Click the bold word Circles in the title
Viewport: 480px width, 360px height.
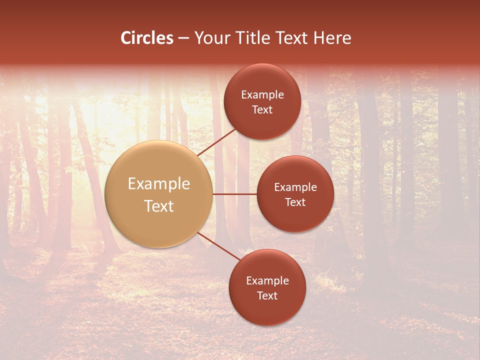coord(147,38)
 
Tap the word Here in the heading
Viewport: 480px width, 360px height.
coord(332,38)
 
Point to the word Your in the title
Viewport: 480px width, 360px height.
coord(212,38)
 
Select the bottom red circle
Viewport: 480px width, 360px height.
coord(267,310)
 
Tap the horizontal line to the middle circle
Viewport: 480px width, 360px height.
coord(234,194)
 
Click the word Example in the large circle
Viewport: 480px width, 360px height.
coord(159,184)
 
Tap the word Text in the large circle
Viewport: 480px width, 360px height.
coord(159,206)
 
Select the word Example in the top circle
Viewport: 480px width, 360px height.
coord(262,95)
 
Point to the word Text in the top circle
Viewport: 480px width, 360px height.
coord(262,110)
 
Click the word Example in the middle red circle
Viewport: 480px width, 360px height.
coord(295,187)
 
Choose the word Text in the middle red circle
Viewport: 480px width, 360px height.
coord(295,202)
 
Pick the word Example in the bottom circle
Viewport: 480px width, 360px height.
coord(267,281)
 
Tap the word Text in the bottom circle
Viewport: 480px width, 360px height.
coord(267,296)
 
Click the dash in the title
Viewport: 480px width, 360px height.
coord(184,38)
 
